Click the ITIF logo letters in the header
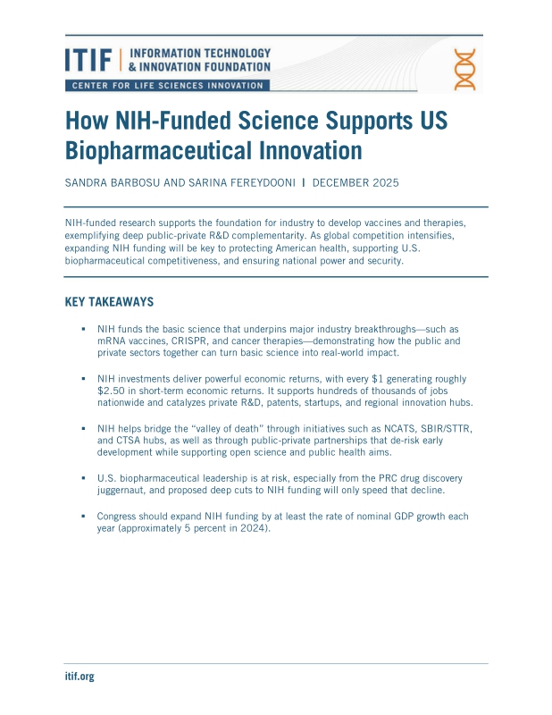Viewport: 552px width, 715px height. click(88, 60)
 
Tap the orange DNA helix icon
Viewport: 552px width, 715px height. click(464, 69)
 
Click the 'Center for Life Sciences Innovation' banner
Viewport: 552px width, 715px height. click(166, 86)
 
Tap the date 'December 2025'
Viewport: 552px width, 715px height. click(357, 182)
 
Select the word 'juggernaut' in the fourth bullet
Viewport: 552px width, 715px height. click(125, 491)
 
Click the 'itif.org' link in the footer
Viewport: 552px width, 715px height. click(79, 677)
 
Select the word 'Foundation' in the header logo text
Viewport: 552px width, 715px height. click(238, 66)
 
